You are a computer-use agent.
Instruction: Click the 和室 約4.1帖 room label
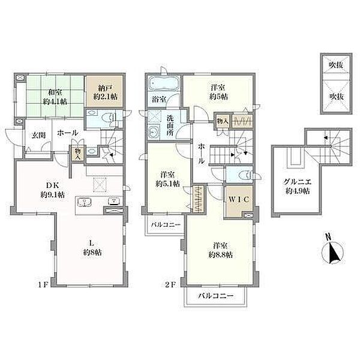point(55,97)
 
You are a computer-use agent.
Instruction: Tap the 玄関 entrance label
point(38,136)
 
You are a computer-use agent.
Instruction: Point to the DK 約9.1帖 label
point(53,190)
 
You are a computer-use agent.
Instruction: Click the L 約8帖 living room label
point(92,248)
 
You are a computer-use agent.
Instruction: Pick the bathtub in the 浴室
point(164,83)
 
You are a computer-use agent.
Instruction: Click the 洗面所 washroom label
point(170,126)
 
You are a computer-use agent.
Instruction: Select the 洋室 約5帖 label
point(218,92)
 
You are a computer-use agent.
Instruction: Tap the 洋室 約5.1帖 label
point(167,179)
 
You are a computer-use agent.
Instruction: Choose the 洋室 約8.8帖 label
point(220,250)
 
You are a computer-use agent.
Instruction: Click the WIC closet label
point(239,200)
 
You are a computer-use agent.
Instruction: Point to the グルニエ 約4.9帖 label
point(298,187)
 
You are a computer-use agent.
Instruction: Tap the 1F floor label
point(43,285)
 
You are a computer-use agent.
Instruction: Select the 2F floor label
point(170,285)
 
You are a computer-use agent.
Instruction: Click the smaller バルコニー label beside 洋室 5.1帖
point(166,225)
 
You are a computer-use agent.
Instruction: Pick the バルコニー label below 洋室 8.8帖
point(215,296)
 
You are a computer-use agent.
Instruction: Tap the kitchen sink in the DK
point(84,203)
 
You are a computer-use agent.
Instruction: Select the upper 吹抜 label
point(337,65)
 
